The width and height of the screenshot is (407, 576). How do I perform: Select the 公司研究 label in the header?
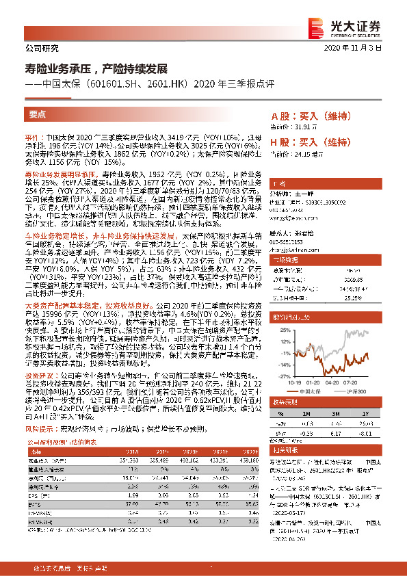click(x=42, y=49)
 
